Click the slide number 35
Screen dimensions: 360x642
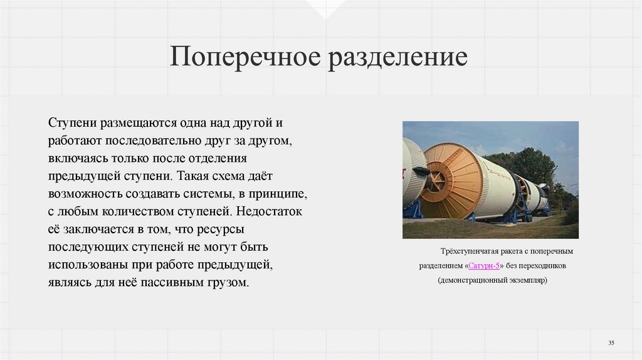pos(611,342)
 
